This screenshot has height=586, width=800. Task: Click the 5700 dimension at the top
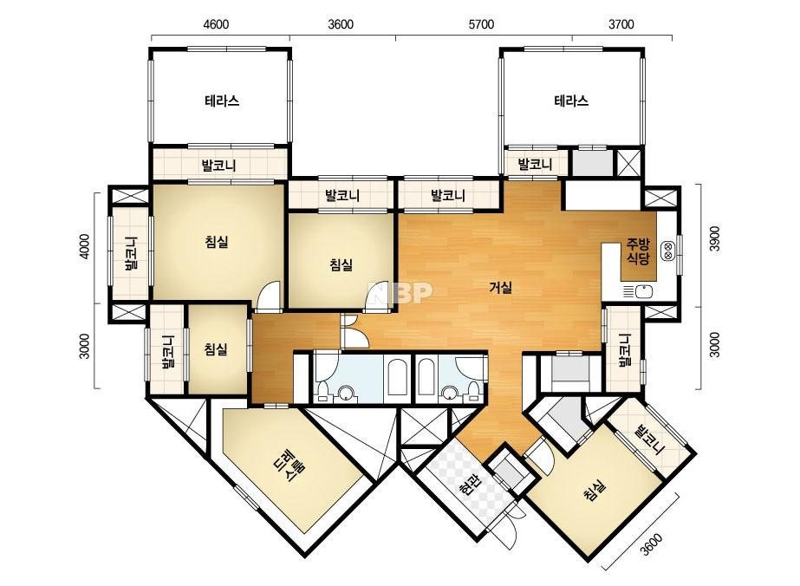[x=481, y=24]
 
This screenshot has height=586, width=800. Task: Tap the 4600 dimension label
[x=216, y=24]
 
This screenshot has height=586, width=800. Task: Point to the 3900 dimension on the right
[x=714, y=238]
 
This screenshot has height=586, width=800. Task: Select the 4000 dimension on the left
[x=85, y=246]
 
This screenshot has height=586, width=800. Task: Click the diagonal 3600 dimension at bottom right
[x=652, y=544]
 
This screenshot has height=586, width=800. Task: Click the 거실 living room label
[x=500, y=288]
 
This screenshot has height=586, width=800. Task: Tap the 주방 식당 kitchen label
[x=638, y=251]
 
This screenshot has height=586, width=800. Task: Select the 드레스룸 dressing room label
[x=289, y=466]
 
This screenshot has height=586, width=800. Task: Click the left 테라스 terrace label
[x=222, y=101]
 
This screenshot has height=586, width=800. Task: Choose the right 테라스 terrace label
[x=571, y=101]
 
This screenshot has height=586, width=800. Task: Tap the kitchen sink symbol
[x=638, y=291]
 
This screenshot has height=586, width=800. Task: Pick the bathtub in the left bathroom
[x=396, y=377]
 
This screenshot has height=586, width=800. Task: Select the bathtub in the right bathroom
[x=426, y=377]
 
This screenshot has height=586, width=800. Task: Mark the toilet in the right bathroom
[x=474, y=391]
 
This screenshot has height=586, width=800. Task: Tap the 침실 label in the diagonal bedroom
[x=594, y=490]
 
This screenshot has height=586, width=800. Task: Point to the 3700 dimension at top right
[x=621, y=24]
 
